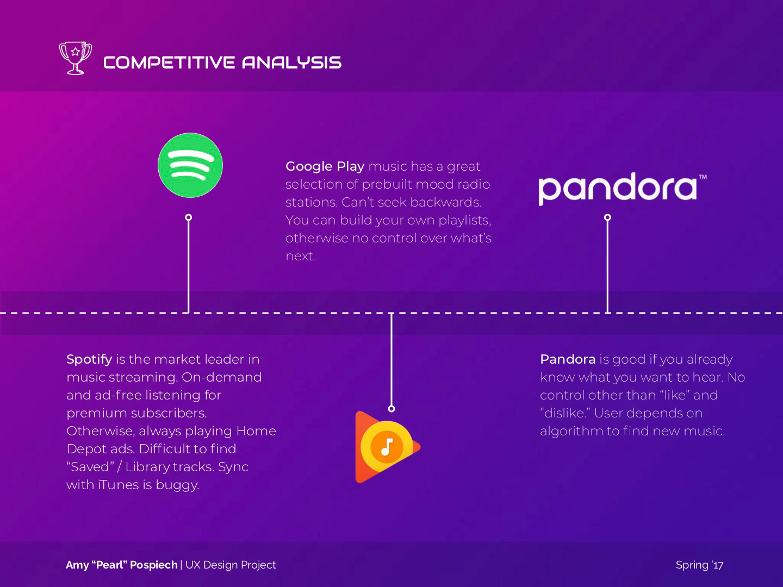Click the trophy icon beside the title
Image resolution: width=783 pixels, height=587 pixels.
point(75,58)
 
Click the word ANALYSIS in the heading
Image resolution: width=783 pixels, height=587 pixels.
point(292,63)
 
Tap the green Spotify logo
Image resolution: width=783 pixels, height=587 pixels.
point(190,165)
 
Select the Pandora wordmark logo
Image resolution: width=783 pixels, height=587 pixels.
point(622,189)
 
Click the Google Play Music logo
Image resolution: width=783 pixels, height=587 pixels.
point(388,447)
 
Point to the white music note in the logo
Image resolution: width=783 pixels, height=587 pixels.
point(387,447)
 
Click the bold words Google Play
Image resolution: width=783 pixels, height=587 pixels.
point(325,166)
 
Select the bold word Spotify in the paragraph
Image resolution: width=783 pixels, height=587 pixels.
point(89,360)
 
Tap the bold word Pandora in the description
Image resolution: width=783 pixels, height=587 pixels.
point(568,359)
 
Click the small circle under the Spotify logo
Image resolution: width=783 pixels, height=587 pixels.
point(189,217)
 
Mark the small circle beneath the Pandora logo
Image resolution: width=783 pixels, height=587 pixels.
point(607,217)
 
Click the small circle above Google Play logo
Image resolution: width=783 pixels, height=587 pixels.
point(391,409)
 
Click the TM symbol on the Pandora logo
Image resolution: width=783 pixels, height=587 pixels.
point(703,177)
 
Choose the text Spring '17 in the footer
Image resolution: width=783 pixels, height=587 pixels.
point(699,565)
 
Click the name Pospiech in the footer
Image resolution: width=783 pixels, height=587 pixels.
point(154,565)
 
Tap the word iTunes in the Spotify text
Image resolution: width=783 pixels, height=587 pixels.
point(119,485)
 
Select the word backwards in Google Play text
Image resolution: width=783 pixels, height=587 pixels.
point(446,202)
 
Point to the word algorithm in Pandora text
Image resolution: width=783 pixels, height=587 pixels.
point(571,432)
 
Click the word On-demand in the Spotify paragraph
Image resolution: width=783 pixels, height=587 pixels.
point(221,377)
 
